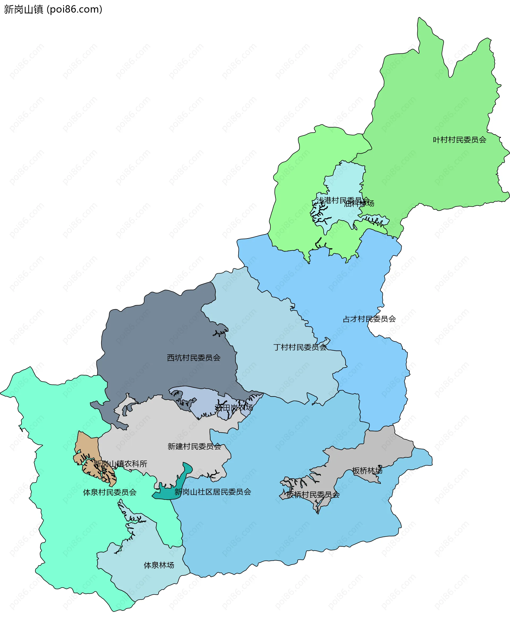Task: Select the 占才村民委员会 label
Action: point(369,319)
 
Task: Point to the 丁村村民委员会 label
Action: point(300,347)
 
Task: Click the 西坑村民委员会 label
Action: point(194,358)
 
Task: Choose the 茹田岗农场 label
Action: point(234,407)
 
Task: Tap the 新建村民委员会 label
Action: point(194,446)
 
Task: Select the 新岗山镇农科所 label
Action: point(120,464)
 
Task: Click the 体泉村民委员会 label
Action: point(110,492)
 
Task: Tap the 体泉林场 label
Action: point(159,565)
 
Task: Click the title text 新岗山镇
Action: point(23,9)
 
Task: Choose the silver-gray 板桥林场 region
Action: point(382,449)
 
